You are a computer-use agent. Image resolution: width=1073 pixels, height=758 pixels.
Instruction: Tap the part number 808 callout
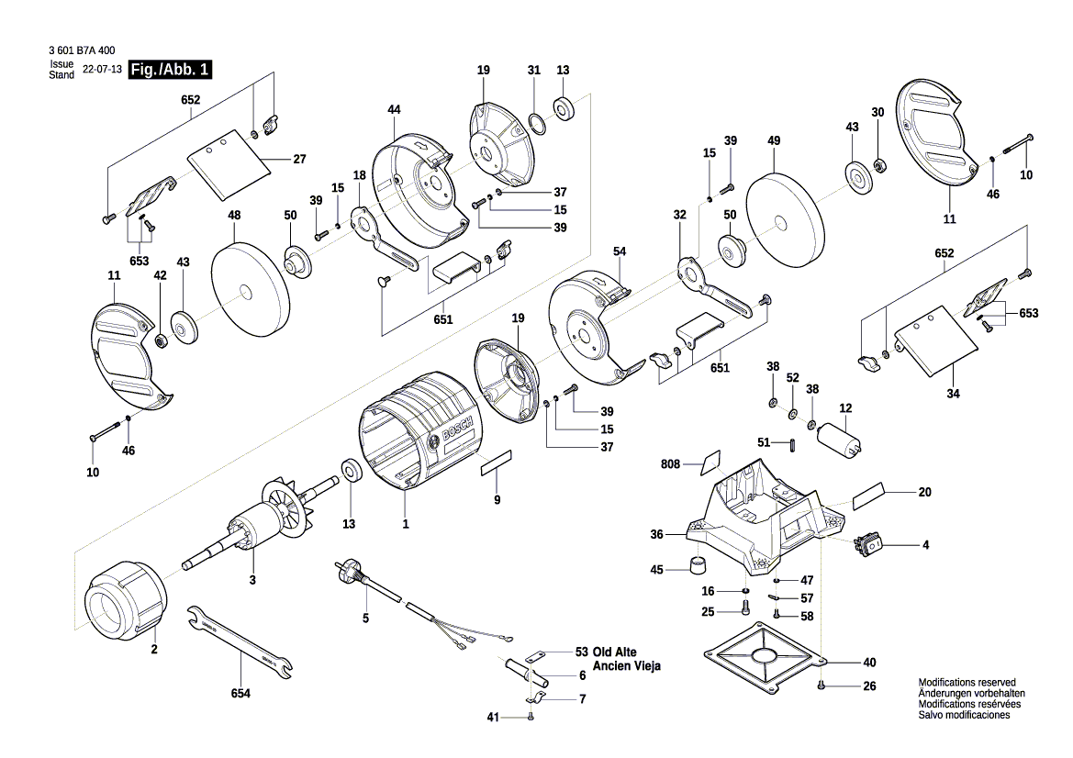[670, 465]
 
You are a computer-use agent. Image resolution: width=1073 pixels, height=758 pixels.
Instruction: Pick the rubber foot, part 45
[699, 563]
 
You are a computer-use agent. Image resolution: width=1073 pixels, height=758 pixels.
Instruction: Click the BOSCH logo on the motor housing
[456, 430]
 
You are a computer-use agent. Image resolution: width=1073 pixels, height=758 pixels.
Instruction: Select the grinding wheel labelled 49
[780, 220]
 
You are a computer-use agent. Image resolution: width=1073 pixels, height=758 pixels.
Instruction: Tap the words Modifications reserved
[967, 684]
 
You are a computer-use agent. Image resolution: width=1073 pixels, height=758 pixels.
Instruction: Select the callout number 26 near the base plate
[870, 686]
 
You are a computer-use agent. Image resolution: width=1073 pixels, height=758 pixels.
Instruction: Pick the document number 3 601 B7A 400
[83, 51]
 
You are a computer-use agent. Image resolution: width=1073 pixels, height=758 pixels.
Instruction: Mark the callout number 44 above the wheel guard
[394, 109]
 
